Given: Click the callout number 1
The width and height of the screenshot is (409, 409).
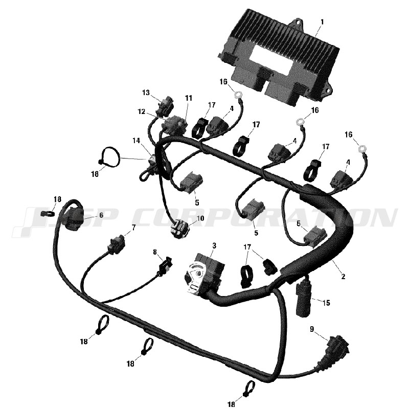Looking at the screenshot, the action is click(322, 22).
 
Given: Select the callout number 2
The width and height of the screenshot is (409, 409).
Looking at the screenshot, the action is click(343, 276).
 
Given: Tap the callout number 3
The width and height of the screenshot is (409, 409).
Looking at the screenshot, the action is click(214, 245).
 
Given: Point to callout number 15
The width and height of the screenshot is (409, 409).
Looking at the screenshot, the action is click(326, 303).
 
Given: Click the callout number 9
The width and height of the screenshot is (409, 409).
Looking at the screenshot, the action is click(312, 329).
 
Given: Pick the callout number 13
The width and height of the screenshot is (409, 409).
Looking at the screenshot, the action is click(146, 93).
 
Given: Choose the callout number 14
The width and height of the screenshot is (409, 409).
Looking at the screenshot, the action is click(136, 141).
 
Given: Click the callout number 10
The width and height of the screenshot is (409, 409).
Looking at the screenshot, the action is click(200, 218).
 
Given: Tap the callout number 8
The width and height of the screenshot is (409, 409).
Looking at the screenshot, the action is click(155, 252).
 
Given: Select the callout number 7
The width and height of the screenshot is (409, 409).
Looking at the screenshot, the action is click(133, 228).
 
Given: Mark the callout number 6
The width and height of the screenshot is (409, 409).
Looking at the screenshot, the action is click(101, 215).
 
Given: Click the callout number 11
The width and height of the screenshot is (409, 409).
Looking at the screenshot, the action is click(189, 98).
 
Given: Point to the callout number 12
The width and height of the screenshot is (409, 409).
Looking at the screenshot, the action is click(142, 111).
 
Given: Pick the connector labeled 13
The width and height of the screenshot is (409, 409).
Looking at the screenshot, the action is click(164, 107).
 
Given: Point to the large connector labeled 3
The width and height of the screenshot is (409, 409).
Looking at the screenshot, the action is click(203, 275).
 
